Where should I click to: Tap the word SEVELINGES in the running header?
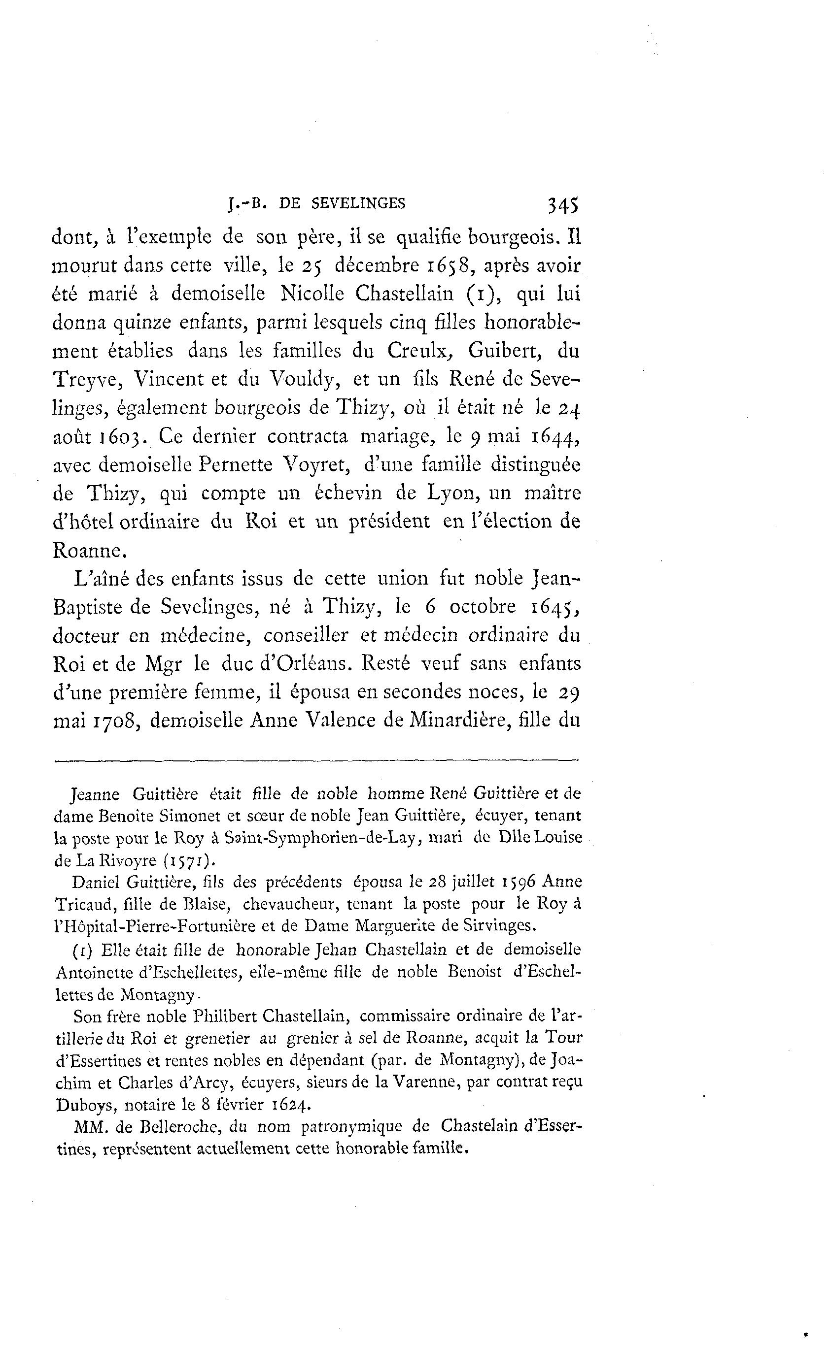(358, 204)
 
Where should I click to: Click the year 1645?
(555, 607)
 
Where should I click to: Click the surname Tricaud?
(85, 904)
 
